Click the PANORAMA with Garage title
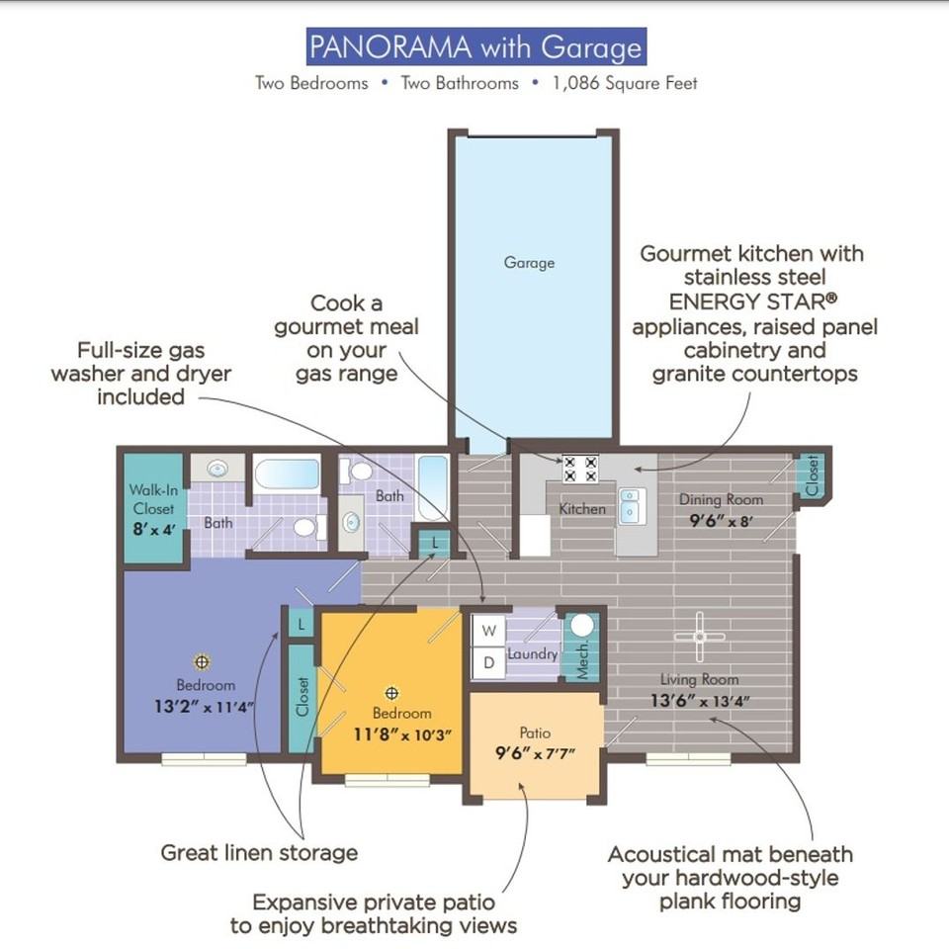(475, 46)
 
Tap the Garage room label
(529, 263)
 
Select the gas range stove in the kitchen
(580, 468)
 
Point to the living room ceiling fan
(700, 636)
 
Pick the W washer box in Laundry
(487, 630)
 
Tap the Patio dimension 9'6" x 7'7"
(535, 753)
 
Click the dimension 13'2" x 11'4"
(205, 706)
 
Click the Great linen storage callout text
(259, 851)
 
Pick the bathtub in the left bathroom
(287, 474)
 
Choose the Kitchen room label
(582, 509)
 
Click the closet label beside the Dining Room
(813, 474)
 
